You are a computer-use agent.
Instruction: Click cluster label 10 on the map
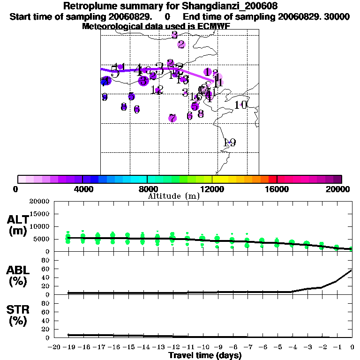[240, 105]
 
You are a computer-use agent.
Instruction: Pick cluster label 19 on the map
[229, 142]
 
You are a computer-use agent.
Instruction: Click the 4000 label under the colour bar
[82, 189]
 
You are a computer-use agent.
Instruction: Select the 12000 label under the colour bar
[212, 189]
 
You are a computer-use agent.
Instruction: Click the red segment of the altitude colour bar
[272, 179]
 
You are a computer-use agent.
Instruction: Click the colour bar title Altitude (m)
[173, 196]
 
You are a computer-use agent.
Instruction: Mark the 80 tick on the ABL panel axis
[46, 260]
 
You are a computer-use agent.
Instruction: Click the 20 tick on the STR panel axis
[46, 329]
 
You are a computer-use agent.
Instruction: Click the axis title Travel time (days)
[205, 355]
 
